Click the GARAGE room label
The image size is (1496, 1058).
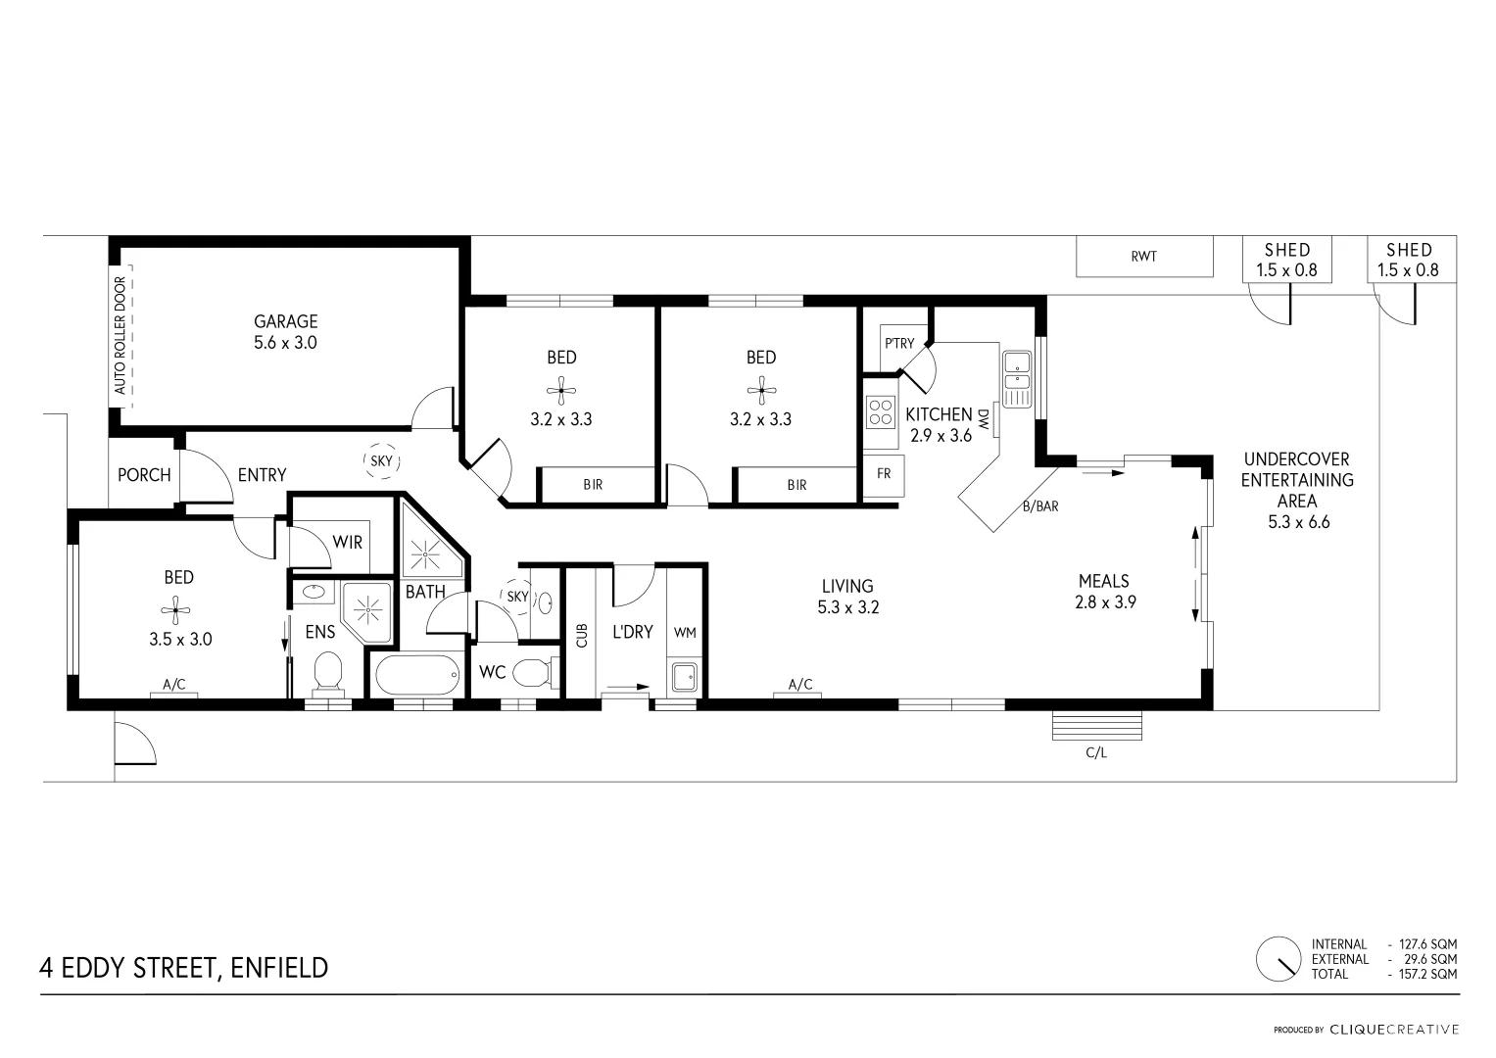click(285, 321)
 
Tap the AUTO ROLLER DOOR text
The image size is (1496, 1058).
click(121, 335)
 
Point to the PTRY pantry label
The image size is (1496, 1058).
click(898, 343)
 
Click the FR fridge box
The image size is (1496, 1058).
click(884, 474)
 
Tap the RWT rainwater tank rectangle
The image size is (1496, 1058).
click(1143, 257)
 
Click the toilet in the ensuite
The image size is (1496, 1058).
click(326, 672)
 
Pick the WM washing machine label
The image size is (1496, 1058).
click(685, 633)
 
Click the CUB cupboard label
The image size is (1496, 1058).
click(582, 636)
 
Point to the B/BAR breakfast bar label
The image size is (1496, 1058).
click(1040, 506)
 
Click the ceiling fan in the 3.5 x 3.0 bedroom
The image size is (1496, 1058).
click(176, 609)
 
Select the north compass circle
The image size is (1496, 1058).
click(1279, 958)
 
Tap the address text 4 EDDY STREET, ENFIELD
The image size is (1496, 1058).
click(184, 968)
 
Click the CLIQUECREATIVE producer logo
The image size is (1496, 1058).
click(1394, 1030)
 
